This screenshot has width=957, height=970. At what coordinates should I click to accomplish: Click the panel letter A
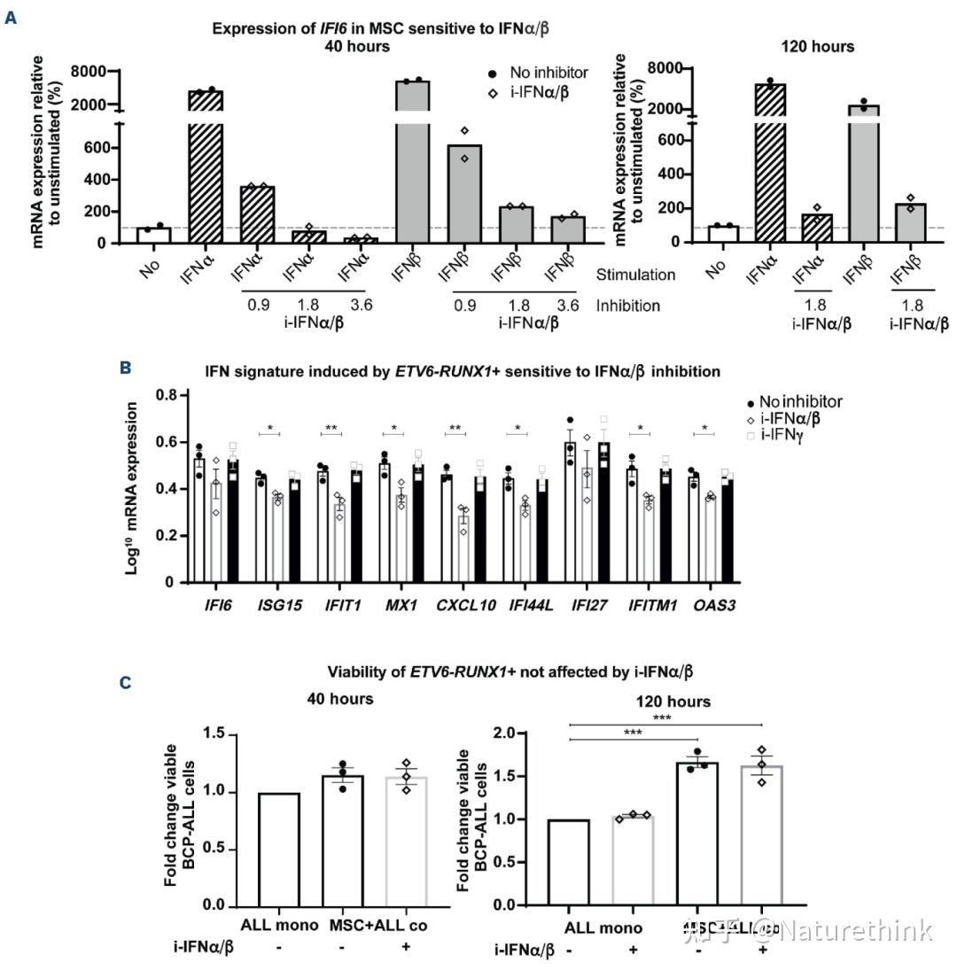coord(12,18)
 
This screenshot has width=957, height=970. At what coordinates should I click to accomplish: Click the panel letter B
coord(125,367)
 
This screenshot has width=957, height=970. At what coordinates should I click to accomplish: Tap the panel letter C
coord(125,682)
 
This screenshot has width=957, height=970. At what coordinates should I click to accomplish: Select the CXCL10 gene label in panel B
coord(458,605)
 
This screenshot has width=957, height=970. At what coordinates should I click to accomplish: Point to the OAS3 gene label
coord(714,605)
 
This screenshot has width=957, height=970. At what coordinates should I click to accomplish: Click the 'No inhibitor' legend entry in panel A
coord(548,73)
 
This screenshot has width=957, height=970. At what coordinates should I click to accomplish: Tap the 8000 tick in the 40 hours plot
coord(89,71)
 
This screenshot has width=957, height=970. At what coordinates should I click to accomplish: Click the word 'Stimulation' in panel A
coord(635,275)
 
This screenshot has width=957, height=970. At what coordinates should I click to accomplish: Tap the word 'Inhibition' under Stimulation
coord(628,306)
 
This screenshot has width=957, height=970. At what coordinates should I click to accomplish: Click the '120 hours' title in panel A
coord(817,46)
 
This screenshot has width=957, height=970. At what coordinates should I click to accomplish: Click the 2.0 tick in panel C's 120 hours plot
coord(517,733)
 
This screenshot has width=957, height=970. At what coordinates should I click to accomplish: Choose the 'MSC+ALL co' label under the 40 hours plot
coord(377,925)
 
